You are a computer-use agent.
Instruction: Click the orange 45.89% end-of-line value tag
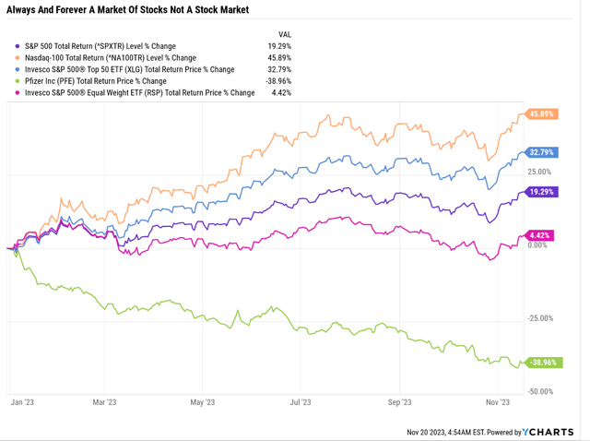[x=541, y=113]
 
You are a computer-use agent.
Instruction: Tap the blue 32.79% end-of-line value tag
[x=541, y=152]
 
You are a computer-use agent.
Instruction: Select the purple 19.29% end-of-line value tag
[x=541, y=192]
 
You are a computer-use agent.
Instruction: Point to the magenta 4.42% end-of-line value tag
[x=539, y=235]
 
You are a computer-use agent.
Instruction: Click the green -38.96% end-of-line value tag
[x=543, y=363]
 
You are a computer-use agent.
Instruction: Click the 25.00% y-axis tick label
[x=539, y=172]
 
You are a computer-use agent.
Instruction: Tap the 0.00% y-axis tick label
[x=537, y=245]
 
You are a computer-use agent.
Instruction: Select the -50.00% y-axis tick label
[x=540, y=391]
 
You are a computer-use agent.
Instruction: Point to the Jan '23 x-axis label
[x=22, y=402]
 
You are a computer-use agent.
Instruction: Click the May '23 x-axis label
[x=203, y=402]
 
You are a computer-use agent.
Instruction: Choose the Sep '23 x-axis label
[x=399, y=402]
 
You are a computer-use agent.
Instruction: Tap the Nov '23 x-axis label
[x=498, y=402]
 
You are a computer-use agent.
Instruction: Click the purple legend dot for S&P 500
[x=17, y=46]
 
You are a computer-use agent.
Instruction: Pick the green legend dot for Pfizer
[x=17, y=81]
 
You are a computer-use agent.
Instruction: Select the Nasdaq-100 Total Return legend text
[x=111, y=58]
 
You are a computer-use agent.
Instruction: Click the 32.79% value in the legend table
[x=279, y=70]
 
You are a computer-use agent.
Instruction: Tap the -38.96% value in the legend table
[x=278, y=81]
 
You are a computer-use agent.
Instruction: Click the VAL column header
[x=285, y=35]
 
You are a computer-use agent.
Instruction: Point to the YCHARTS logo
[x=549, y=432]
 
